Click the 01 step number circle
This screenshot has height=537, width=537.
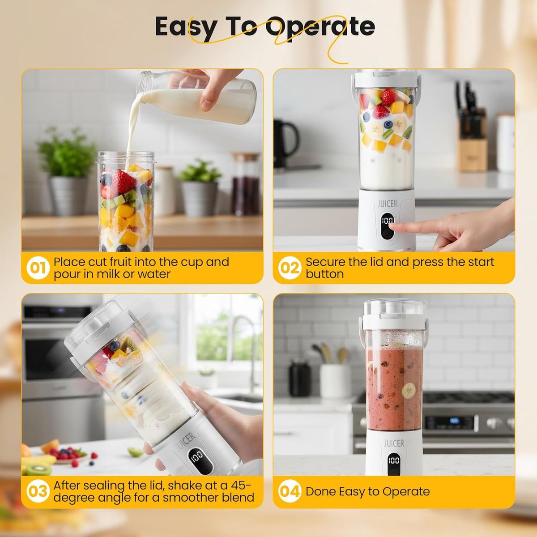tap(38, 268)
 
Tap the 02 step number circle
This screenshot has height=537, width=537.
tap(290, 268)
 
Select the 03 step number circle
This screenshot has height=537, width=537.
tap(38, 491)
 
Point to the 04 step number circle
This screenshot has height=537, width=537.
tap(290, 491)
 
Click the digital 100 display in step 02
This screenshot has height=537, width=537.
tap(387, 221)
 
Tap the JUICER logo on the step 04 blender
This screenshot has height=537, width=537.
tap(394, 443)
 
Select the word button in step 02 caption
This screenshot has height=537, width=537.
tap(324, 274)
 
